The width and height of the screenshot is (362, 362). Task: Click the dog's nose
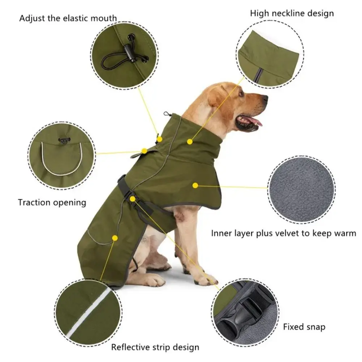point(265,98)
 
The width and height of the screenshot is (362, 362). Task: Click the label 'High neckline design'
point(292,14)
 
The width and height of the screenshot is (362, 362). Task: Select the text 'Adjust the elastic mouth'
point(68,18)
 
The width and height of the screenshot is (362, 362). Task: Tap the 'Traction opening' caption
point(52,202)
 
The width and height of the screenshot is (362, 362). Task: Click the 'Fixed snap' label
point(304,327)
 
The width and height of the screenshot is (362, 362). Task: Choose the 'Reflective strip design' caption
point(155,348)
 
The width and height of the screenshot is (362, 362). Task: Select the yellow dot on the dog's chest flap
point(195,185)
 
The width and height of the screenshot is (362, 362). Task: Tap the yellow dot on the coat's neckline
point(190,142)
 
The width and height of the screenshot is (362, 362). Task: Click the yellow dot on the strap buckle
point(133,199)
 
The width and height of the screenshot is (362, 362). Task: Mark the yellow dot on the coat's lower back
point(115,238)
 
